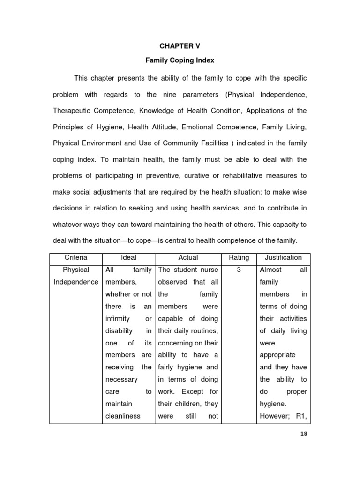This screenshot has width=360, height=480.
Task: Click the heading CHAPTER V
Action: pyautogui.click(x=180, y=47)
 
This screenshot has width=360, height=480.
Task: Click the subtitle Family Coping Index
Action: pyautogui.click(x=180, y=61)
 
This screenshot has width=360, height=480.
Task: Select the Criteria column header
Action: pyautogui.click(x=75, y=257)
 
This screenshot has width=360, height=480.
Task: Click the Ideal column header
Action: pyautogui.click(x=128, y=257)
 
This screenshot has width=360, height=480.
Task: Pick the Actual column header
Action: pyautogui.click(x=188, y=257)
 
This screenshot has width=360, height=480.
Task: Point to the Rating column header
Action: pyautogui.click(x=239, y=257)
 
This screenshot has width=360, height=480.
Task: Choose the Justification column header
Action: pyautogui.click(x=283, y=257)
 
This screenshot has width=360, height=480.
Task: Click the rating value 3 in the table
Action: pyautogui.click(x=239, y=270)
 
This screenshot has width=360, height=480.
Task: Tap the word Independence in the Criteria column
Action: pyautogui.click(x=75, y=282)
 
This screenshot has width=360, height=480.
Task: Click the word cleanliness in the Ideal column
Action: pyautogui.click(x=123, y=416)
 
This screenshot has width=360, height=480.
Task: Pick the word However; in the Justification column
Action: pyautogui.click(x=274, y=416)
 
